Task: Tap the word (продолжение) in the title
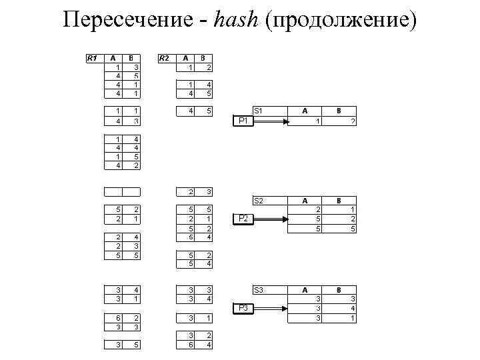tap(340, 21)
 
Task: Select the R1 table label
tap(93, 58)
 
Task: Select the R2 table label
tap(164, 58)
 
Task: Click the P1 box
tap(243, 121)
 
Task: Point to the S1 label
tap(259, 111)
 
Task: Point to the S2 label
tap(259, 200)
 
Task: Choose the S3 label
tap(259, 290)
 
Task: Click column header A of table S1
tap(305, 111)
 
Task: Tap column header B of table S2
tap(339, 200)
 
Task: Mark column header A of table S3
tap(305, 290)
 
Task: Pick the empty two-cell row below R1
tap(122, 192)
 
